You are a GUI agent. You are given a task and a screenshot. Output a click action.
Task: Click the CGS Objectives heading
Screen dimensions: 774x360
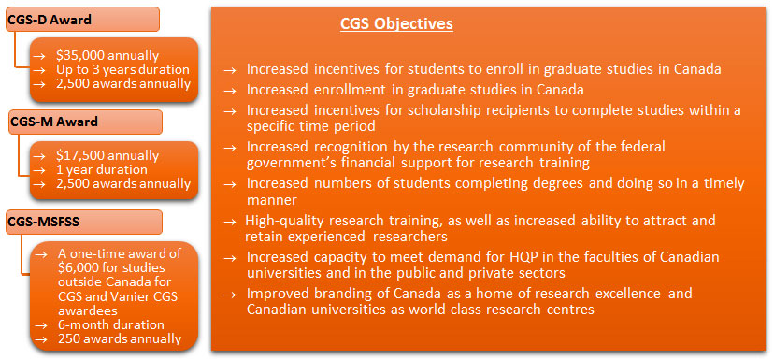tap(396, 23)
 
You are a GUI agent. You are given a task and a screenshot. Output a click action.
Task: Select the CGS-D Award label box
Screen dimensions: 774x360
tap(83, 21)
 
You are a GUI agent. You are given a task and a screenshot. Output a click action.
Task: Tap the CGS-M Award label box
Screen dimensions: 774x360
tap(85, 122)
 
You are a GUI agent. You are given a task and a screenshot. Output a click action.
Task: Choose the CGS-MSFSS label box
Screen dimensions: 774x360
tap(84, 222)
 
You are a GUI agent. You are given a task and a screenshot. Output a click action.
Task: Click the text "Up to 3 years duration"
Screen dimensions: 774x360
tap(122, 69)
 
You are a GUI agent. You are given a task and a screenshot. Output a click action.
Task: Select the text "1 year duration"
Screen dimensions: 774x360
tap(102, 170)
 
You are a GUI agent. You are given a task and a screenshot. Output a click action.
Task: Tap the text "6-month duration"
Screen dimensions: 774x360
tap(111, 325)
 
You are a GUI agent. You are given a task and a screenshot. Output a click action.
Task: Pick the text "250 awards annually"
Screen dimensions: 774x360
tap(120, 338)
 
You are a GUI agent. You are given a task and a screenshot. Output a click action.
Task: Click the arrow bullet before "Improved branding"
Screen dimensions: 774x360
tap(230, 295)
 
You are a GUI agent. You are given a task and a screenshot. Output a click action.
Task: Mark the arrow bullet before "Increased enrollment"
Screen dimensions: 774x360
tap(230, 91)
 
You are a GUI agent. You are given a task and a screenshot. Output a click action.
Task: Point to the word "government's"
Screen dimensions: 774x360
tap(283, 163)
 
